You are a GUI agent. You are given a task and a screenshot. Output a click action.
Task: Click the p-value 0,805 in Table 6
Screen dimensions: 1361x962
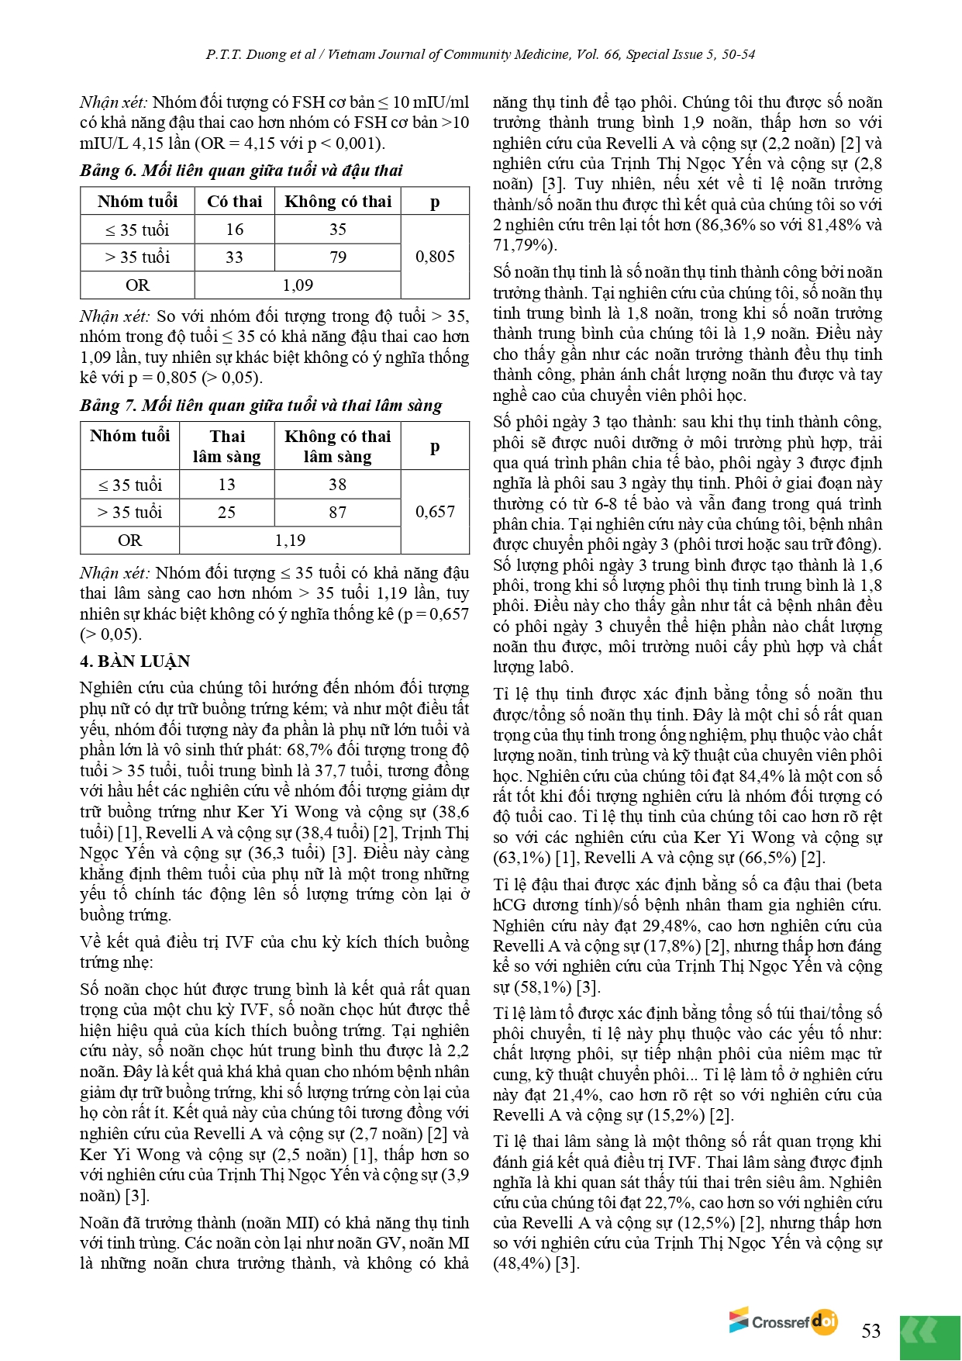click(435, 257)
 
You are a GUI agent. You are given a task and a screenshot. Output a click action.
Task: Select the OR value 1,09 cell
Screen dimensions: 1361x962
click(298, 285)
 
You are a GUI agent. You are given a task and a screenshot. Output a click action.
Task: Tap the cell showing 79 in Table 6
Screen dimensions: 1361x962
click(338, 257)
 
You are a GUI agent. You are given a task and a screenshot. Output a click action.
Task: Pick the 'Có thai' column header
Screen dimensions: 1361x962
click(234, 202)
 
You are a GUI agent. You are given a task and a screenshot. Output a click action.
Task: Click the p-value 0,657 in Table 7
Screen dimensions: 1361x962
click(435, 512)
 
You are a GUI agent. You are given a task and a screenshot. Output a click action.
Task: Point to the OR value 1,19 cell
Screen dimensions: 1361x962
click(290, 541)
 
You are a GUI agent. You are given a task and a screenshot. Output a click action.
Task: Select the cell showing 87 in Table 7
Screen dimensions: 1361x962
click(337, 513)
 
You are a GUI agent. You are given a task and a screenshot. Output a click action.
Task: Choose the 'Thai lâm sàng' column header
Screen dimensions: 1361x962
click(226, 447)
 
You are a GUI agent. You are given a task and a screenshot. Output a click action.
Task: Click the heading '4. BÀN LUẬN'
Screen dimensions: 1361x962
click(135, 662)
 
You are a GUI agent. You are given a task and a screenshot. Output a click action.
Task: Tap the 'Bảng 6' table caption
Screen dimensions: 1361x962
click(241, 171)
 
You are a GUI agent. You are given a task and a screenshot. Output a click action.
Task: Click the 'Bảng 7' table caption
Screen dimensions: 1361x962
click(260, 406)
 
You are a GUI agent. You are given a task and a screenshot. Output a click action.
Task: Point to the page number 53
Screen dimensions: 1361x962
click(871, 1331)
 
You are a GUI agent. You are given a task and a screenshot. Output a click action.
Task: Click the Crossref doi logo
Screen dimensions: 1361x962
click(783, 1321)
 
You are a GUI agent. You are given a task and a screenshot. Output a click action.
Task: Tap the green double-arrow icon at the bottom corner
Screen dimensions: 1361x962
click(929, 1336)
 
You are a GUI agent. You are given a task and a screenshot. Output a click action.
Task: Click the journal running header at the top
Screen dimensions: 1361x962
click(481, 54)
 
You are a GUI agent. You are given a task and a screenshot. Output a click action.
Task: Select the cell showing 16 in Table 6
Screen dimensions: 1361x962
click(234, 230)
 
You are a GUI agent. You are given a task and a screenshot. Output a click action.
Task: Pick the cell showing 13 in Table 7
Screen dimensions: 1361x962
click(226, 485)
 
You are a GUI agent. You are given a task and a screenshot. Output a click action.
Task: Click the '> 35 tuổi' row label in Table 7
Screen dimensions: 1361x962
click(129, 513)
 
